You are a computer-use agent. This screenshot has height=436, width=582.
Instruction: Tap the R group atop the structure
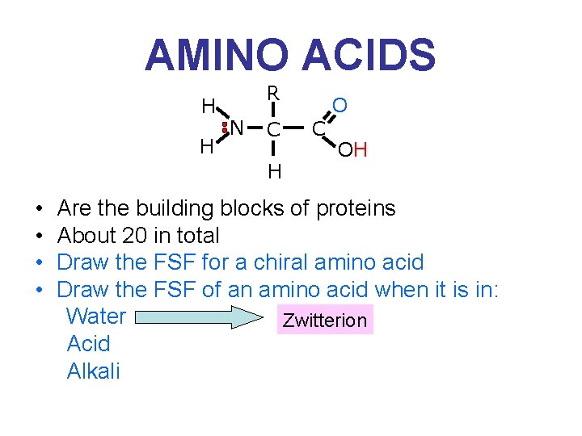273,94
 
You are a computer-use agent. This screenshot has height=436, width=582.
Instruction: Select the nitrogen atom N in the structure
237,127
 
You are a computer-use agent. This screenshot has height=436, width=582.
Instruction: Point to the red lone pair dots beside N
224,128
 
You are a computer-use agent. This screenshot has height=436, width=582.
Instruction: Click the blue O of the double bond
340,106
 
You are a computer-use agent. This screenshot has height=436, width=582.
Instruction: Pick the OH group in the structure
353,149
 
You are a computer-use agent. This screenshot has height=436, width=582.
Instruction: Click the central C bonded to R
274,129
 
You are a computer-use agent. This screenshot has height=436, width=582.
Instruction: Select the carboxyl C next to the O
318,128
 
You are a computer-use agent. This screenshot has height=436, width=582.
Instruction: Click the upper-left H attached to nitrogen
208,106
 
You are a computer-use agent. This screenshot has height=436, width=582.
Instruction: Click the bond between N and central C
255,128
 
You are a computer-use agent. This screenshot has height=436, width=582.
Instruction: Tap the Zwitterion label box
323,321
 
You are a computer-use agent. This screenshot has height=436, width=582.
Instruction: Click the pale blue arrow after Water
205,317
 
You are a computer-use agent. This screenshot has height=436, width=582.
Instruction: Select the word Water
96,316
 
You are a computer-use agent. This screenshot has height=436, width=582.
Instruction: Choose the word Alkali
94,371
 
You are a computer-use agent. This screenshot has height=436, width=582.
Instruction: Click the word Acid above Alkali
89,343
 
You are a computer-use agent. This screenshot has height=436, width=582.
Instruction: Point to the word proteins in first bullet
356,208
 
